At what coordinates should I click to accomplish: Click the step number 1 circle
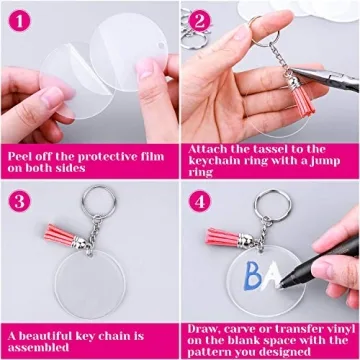point(19,20)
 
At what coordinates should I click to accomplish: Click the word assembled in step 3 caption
point(39,349)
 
